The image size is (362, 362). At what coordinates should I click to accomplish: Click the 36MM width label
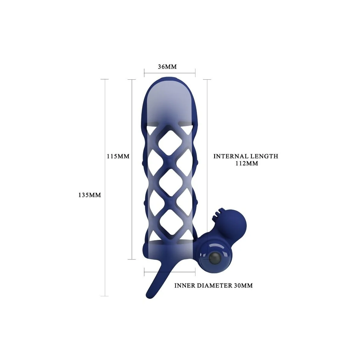point(167,67)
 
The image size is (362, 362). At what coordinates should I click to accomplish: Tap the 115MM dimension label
point(118,156)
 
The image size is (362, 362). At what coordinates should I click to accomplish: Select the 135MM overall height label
point(90,195)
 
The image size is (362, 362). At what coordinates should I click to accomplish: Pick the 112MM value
point(246,164)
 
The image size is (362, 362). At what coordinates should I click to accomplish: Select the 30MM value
point(243,285)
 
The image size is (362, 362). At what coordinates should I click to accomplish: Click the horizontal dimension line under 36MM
point(170,72)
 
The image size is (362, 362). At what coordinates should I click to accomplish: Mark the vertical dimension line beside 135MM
point(104,187)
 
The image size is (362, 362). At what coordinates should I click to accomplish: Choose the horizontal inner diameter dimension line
point(170,272)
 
